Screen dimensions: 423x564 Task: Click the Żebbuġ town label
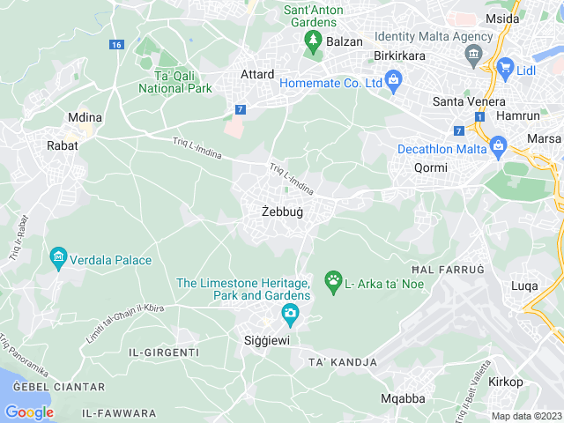pos(282,211)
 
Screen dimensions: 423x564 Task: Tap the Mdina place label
pos(85,117)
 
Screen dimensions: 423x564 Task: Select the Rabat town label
pos(63,145)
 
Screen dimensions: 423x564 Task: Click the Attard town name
pos(257,75)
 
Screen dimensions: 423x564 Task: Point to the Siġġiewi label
pos(266,340)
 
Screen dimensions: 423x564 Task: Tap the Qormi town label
pos(430,167)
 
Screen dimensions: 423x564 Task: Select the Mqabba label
pos(403,398)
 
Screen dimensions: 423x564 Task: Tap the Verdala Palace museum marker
pos(58,258)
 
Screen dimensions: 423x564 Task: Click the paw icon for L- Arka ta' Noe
pos(333,282)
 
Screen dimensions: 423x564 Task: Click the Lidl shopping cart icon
pos(505,66)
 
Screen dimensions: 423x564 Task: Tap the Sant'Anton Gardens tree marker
pos(311,39)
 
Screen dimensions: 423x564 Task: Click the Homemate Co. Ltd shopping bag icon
pos(393,82)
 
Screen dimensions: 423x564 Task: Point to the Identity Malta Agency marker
pos(473,55)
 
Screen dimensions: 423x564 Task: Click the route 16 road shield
pos(117,44)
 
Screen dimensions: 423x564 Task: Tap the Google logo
pos(29,412)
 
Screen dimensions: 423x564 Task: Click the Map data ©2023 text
pos(526,416)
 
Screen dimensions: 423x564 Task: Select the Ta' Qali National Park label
pos(175,82)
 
